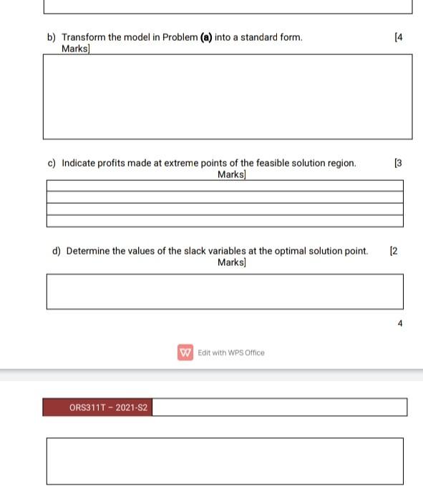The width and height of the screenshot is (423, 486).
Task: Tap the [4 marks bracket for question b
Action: (399, 37)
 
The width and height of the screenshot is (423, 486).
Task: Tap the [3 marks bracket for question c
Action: (399, 163)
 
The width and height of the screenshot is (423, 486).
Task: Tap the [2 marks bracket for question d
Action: (394, 251)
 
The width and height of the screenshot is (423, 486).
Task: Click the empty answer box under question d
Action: (225, 292)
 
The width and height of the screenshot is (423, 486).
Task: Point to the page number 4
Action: (400, 324)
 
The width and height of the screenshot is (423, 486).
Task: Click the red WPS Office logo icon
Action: (185, 352)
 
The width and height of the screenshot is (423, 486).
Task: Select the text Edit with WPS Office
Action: (231, 352)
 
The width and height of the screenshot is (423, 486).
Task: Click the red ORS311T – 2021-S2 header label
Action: (97, 408)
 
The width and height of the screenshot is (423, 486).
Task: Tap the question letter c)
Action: (52, 163)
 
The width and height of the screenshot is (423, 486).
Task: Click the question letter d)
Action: (57, 251)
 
